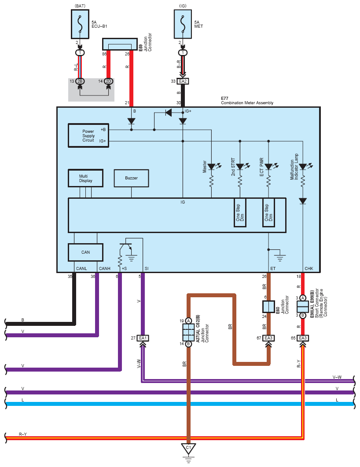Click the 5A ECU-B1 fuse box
click(80, 24)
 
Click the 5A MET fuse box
click(183, 24)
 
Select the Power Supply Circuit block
click(88, 135)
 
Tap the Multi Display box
click(85, 178)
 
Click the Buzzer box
click(132, 178)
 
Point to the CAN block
click(85, 252)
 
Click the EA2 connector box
click(183, 81)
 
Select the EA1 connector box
click(143, 338)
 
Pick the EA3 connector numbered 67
click(268, 338)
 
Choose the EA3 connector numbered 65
click(302, 338)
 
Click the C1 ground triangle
click(188, 449)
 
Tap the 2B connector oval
click(80, 81)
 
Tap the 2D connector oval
click(108, 81)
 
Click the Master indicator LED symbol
click(212, 167)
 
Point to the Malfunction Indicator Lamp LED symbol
click(303, 167)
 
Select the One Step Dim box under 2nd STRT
click(240, 213)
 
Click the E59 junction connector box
click(120, 44)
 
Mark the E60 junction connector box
click(268, 307)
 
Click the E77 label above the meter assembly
click(225, 99)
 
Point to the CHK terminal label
click(309, 268)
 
